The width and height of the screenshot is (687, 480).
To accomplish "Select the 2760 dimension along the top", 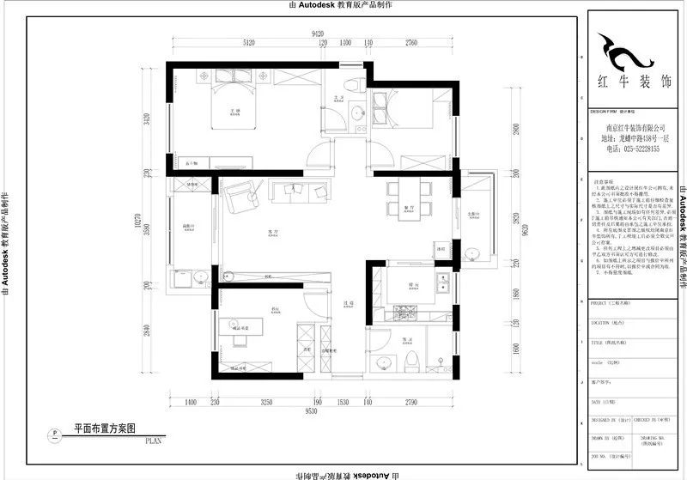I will (411, 42).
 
